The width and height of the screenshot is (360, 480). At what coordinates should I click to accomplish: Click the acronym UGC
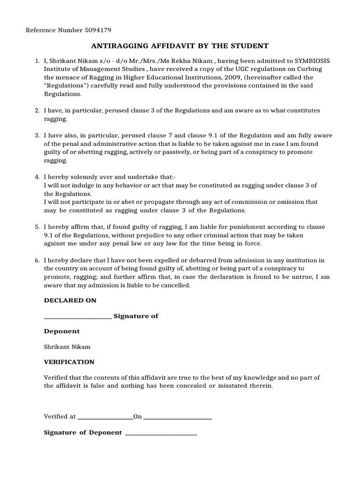232,69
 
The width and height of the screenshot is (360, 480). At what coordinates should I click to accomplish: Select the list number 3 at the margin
37,135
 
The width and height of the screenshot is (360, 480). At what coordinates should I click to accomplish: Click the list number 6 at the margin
37,260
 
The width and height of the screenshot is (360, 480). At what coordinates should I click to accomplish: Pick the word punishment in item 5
255,227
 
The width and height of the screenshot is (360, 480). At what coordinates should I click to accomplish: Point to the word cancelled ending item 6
175,285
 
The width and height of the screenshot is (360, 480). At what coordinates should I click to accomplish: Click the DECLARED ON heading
70,300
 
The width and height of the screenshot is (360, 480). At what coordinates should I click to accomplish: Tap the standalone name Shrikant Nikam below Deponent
67,347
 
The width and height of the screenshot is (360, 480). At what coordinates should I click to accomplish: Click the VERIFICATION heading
69,362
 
